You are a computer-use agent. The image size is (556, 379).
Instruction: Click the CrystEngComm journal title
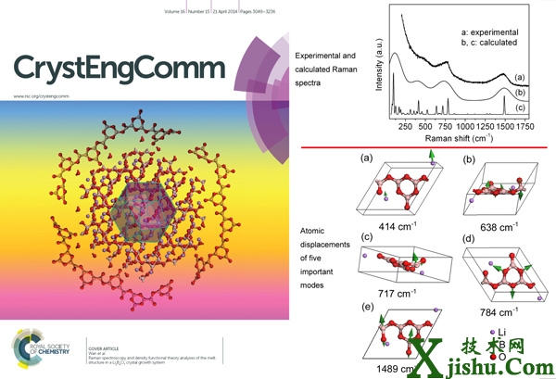[119, 68]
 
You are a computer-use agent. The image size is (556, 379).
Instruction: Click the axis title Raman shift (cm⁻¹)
[461, 137]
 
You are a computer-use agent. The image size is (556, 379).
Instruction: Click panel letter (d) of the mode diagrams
[471, 244]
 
